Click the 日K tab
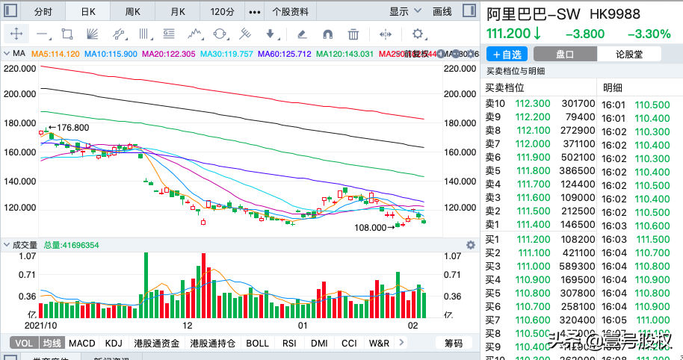(88, 11)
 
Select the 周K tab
(133, 11)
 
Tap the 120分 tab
(223, 11)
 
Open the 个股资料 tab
(290, 11)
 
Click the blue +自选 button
(507, 54)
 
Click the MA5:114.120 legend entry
(53, 54)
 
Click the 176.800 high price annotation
(72, 128)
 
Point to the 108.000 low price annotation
(371, 227)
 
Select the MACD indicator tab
(82, 344)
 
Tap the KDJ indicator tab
(114, 344)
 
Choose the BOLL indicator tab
(257, 344)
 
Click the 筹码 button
(454, 344)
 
